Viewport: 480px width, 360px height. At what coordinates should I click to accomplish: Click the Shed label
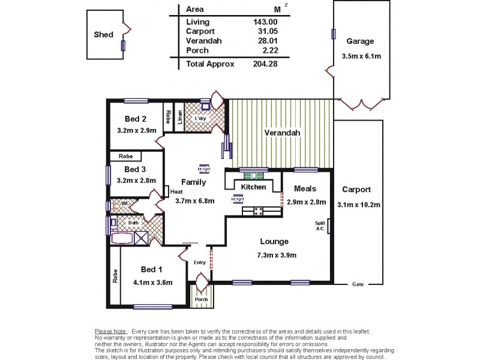click(x=103, y=35)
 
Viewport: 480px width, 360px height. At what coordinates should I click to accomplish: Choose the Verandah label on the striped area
click(x=281, y=133)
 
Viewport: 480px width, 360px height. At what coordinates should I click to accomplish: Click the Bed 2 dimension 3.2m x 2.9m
click(x=136, y=130)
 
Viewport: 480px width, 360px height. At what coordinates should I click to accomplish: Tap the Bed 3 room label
click(x=136, y=169)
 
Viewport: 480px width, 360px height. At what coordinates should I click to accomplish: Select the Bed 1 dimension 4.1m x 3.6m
click(x=152, y=282)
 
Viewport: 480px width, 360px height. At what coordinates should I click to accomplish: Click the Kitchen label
click(x=253, y=187)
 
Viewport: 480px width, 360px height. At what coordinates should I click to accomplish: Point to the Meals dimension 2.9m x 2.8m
click(x=306, y=203)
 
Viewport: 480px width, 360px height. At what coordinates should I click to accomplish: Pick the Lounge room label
click(x=274, y=242)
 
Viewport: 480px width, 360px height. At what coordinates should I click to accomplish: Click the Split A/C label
click(x=320, y=226)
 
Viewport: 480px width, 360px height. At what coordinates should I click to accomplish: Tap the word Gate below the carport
click(x=358, y=284)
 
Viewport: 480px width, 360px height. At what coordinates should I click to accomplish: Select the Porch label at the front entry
click(x=201, y=299)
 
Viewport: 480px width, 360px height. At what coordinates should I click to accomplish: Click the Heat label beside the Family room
click(x=176, y=192)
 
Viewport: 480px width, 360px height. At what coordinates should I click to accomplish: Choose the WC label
click(x=125, y=203)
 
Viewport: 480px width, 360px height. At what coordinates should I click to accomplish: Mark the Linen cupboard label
click(x=180, y=117)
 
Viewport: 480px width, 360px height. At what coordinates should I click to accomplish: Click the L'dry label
click(x=200, y=118)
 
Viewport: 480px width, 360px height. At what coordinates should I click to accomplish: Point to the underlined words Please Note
click(x=111, y=331)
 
